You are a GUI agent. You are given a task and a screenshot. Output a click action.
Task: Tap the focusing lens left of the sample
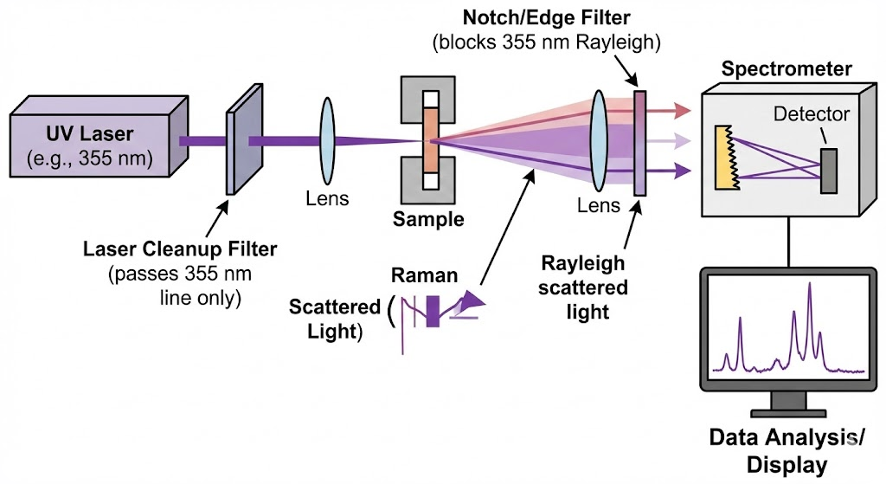(x=328, y=139)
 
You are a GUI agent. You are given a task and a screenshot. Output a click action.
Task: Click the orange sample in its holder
(x=431, y=140)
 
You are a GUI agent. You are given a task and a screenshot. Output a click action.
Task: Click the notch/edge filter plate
(x=640, y=142)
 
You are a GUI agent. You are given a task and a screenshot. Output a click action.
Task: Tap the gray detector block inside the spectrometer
(x=828, y=170)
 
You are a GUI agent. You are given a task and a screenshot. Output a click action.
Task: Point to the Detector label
(x=811, y=113)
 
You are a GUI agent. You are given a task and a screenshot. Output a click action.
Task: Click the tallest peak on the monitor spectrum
(x=810, y=290)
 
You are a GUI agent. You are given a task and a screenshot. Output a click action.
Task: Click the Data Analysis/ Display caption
(x=785, y=450)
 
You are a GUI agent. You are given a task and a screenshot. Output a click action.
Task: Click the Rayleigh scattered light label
(x=582, y=287)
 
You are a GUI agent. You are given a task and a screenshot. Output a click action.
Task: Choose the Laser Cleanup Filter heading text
(x=180, y=249)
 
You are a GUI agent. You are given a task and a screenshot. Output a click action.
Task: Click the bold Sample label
(x=427, y=219)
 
